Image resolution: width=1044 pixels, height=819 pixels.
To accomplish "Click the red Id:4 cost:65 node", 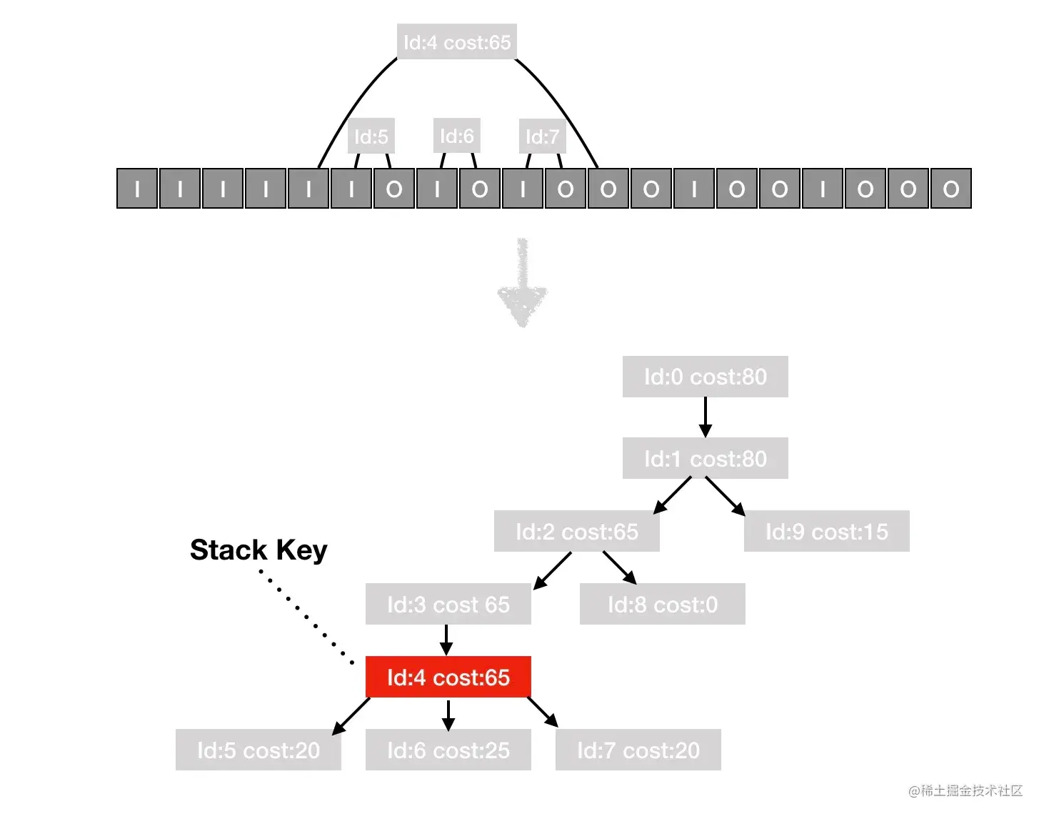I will tap(448, 677).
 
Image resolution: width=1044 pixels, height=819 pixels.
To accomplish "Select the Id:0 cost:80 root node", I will tap(705, 377).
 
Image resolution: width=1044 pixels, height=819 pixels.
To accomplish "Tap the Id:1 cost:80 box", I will tap(705, 458).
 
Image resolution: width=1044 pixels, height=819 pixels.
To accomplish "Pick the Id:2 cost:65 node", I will tap(576, 531).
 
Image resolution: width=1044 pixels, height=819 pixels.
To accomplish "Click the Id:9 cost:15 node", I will tap(826, 531).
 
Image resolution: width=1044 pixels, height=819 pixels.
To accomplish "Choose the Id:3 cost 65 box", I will tap(448, 604).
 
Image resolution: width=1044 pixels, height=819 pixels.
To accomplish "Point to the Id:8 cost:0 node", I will tap(662, 604).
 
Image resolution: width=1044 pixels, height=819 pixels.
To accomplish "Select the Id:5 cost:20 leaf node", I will tap(258, 750).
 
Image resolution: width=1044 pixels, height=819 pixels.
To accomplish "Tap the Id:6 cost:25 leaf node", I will tap(448, 750).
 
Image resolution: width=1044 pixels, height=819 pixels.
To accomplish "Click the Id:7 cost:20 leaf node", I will tap(638, 750).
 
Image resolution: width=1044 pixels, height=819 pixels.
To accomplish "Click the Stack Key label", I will tap(259, 550).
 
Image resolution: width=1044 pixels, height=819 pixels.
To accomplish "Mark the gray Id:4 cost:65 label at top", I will tap(456, 42).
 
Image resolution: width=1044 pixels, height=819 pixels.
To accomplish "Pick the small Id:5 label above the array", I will tap(371, 136).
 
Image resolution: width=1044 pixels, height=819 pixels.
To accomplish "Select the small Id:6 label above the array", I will tap(456, 136).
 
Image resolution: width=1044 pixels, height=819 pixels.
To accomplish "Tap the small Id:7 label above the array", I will tap(542, 136).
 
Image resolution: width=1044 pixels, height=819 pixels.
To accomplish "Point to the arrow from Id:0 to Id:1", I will tap(706, 417).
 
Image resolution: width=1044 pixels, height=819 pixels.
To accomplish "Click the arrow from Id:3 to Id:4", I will tap(446, 640).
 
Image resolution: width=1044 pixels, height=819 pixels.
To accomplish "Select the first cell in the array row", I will tap(137, 189).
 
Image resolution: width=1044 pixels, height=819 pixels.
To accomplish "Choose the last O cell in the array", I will tap(950, 189).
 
